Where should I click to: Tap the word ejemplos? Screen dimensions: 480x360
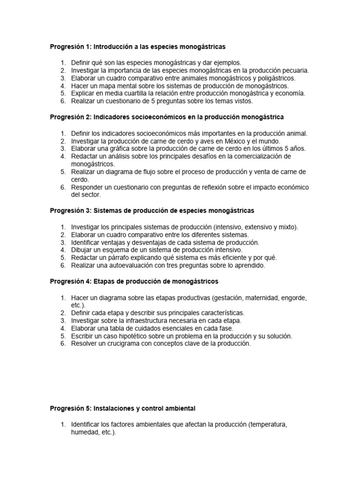point(227,62)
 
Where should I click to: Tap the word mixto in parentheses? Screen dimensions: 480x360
point(286,227)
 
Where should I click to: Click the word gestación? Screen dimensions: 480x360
point(230,298)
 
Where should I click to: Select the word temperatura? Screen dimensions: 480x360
point(268,425)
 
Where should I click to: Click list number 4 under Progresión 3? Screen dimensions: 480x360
point(63,250)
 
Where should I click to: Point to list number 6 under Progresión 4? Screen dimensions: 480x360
point(63,344)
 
